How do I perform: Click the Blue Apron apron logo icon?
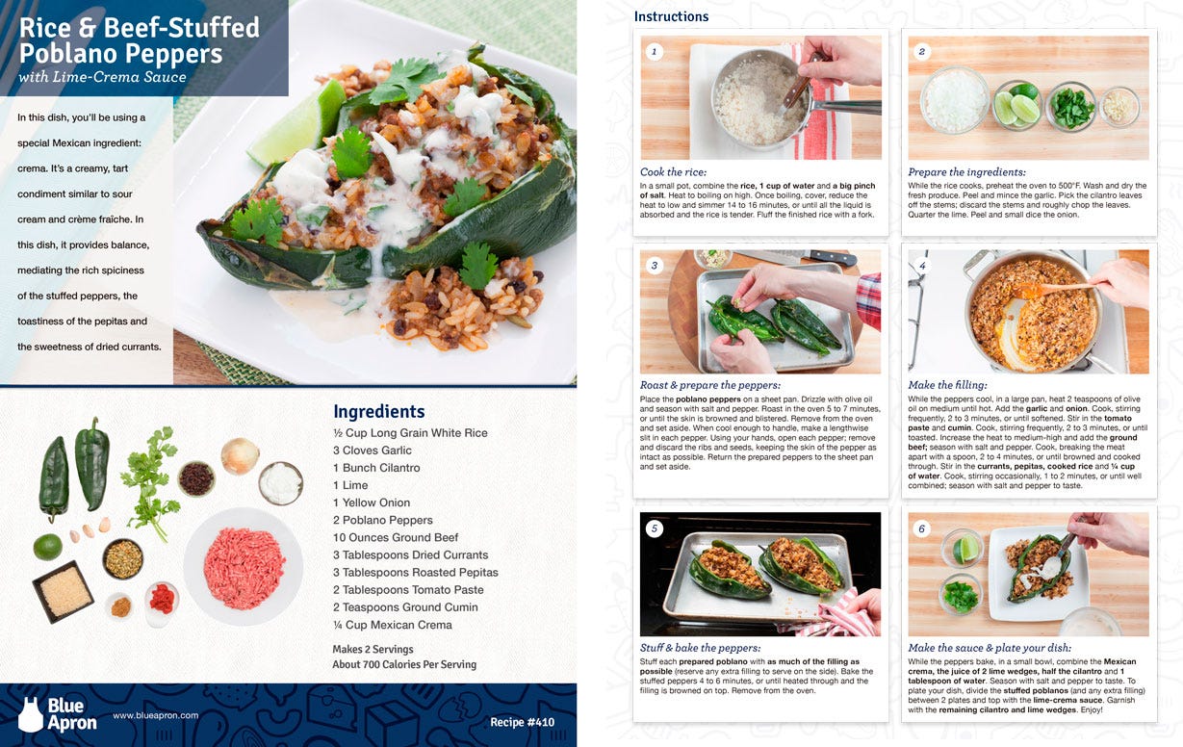[x=30, y=715]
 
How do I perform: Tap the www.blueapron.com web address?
[x=156, y=715]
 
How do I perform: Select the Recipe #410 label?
[x=523, y=722]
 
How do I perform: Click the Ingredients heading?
[x=378, y=412]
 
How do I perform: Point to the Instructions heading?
[x=671, y=16]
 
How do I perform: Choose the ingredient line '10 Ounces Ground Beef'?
[x=396, y=537]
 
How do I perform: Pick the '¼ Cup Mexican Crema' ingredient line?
[x=393, y=625]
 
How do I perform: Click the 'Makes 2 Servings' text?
[x=373, y=649]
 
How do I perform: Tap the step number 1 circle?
[x=655, y=51]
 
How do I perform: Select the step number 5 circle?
[x=655, y=528]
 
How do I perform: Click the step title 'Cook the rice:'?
[x=673, y=171]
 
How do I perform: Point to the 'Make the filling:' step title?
[x=947, y=385]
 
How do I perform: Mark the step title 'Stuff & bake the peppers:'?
[x=701, y=648]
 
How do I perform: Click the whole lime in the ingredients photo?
[x=47, y=547]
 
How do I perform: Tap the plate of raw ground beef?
[x=244, y=567]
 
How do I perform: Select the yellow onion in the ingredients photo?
[x=241, y=456]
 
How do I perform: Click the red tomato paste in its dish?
[x=162, y=599]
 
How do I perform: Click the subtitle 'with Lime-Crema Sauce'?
[x=102, y=77]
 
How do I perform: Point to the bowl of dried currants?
[x=196, y=479]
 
